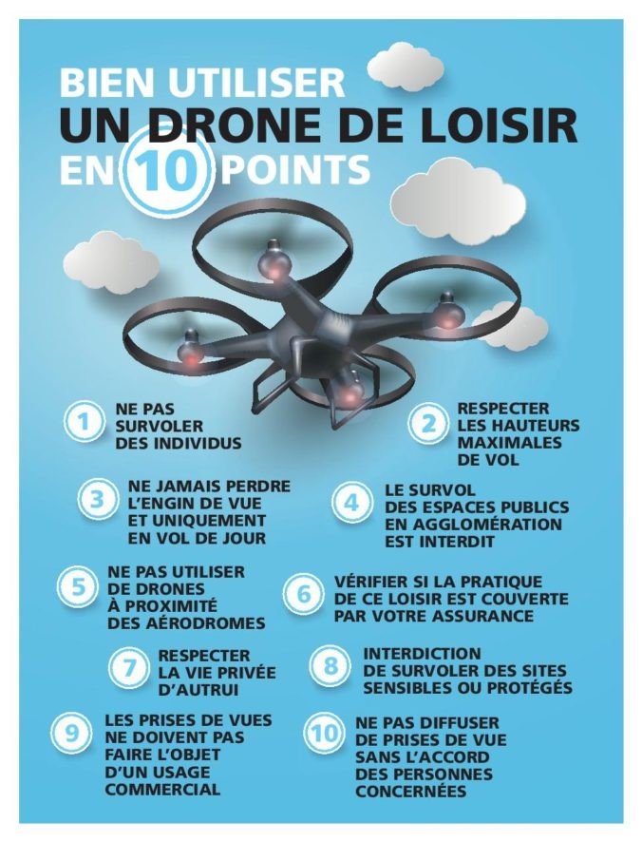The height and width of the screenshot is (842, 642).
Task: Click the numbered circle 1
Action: [84, 423]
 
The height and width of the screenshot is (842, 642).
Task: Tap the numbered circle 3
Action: [97, 500]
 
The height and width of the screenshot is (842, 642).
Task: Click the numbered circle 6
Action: [303, 595]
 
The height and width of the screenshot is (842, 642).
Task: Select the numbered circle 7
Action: [129, 667]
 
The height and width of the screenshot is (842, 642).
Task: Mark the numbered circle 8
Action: [331, 666]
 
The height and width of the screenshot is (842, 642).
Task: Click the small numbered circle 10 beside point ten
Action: [323, 734]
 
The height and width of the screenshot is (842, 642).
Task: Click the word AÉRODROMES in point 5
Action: [186, 622]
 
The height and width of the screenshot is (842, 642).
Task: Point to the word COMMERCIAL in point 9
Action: [162, 790]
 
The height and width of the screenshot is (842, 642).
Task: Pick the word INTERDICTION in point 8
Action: [423, 654]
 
